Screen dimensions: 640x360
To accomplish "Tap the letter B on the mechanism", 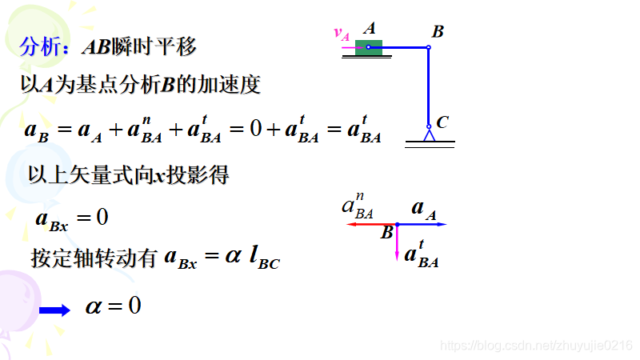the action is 438,32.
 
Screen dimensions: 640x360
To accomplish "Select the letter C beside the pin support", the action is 442,122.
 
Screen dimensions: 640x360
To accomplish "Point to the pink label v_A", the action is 342,34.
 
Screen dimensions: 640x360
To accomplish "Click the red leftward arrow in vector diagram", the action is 370,225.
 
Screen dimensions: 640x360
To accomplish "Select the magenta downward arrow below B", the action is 397,242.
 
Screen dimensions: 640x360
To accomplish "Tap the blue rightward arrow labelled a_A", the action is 422,225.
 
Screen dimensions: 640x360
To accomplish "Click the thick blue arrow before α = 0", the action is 55,310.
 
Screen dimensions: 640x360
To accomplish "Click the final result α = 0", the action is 113,306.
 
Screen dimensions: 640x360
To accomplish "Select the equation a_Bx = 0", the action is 72,218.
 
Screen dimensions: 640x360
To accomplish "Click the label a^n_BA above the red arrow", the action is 358,207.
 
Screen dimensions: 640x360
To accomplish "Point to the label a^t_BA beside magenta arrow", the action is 422,255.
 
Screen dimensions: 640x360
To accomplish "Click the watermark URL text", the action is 537,344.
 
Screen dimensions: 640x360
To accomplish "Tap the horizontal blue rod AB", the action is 405,48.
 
